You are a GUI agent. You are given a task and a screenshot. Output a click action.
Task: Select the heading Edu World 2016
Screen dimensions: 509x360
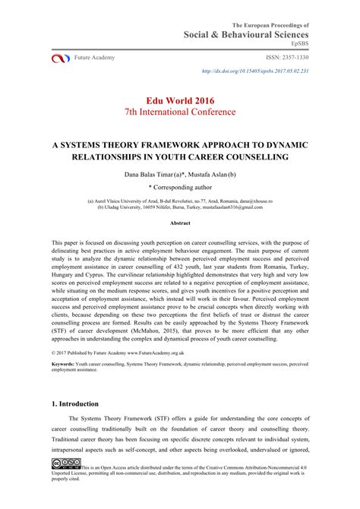pyautogui.click(x=180, y=99)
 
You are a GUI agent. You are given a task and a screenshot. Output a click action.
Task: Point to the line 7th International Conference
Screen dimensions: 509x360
pyautogui.click(x=180, y=112)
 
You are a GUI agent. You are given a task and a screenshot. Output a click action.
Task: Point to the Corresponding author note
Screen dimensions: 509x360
pyautogui.click(x=180, y=186)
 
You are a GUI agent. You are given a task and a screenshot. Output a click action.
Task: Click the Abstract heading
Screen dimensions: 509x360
pyautogui.click(x=180, y=223)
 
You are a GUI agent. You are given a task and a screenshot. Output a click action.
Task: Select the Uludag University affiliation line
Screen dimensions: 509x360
pyautogui.click(x=180, y=206)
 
